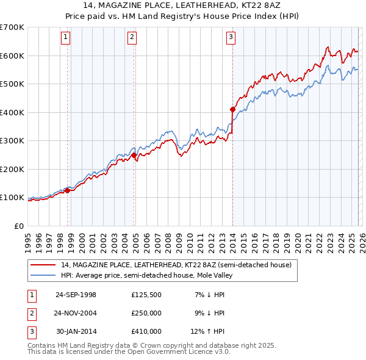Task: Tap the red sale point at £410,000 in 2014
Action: (x=232, y=110)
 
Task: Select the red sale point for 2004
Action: (x=134, y=155)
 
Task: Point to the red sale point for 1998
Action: (x=68, y=190)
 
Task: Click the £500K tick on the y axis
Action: (x=12, y=84)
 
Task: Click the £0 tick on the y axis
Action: (x=18, y=226)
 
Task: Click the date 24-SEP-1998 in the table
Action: (x=76, y=295)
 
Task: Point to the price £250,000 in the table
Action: (x=146, y=313)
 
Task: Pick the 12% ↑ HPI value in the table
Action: (x=208, y=331)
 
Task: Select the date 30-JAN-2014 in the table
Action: (x=76, y=331)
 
